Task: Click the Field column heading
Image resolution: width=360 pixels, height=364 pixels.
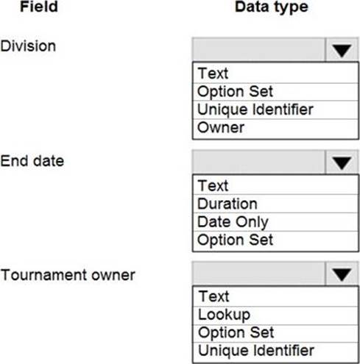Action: coord(39,7)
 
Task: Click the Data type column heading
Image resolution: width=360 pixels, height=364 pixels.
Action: coord(272,7)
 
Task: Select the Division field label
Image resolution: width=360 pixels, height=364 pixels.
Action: coord(28,46)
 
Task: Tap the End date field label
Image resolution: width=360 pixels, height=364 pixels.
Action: coord(32,161)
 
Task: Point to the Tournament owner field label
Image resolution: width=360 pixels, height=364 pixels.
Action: coord(68,275)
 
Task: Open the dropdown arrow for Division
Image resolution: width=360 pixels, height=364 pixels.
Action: coord(342,51)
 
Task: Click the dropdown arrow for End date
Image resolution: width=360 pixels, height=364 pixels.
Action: coord(342,163)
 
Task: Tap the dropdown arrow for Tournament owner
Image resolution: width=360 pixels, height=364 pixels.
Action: coord(342,274)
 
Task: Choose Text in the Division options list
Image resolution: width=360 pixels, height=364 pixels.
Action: coord(213,73)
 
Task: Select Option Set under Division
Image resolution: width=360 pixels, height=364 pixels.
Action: coord(235,91)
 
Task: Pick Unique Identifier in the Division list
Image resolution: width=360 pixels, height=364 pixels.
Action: coord(255,110)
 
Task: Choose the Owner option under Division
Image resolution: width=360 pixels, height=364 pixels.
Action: coord(221,127)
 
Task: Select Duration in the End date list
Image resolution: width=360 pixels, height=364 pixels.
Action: coord(227,204)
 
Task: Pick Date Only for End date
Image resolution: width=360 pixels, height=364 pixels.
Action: coord(233,222)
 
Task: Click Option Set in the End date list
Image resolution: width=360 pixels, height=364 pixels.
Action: coord(235,240)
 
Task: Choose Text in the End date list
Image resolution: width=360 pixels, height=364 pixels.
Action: coord(213,185)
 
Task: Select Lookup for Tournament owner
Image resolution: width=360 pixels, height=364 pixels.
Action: coord(224,315)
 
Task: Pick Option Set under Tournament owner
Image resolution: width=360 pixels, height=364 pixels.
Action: coord(236,332)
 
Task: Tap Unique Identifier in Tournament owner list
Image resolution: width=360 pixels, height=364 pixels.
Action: coord(256,351)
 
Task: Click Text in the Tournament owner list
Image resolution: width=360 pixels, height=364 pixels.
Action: coord(213,296)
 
